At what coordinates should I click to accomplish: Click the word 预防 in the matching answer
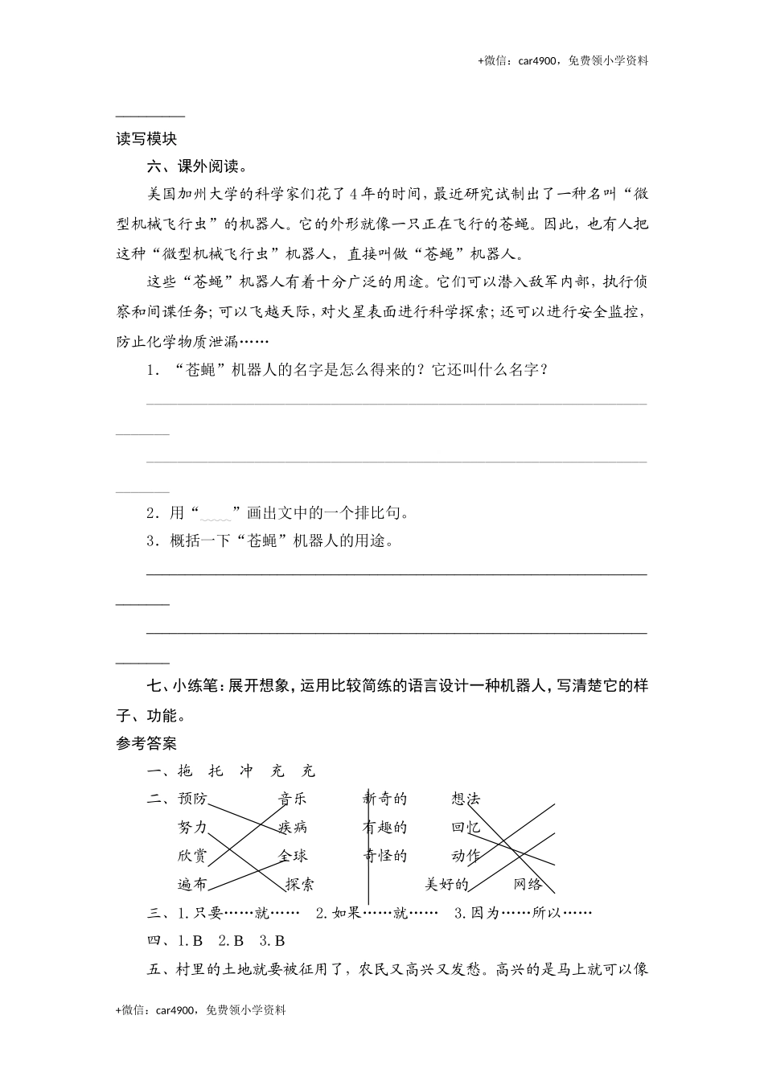coord(192,799)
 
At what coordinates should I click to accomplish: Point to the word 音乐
coord(293,799)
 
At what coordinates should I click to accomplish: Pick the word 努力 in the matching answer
coord(192,827)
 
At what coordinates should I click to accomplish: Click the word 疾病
coord(293,827)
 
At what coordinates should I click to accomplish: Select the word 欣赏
coord(192,856)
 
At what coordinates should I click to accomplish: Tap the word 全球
coord(293,856)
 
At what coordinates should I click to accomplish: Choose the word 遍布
coord(192,884)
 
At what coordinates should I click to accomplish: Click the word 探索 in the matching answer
coord(300,884)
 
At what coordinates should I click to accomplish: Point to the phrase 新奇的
coord(384,799)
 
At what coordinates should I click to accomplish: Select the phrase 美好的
coord(446,884)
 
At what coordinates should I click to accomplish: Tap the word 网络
coord(528,884)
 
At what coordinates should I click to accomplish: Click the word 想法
coord(466,799)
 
